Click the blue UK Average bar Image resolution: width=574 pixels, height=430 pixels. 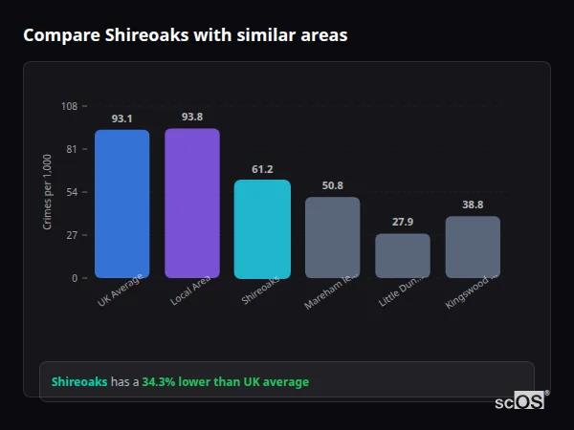(x=121, y=204)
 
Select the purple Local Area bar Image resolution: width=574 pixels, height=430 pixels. (x=191, y=203)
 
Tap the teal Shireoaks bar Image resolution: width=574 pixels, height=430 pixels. (x=262, y=228)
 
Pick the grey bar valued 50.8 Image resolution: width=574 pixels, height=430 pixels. (x=332, y=237)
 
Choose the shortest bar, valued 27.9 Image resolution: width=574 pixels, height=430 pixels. (x=403, y=255)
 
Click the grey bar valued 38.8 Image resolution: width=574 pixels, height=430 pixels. (x=473, y=247)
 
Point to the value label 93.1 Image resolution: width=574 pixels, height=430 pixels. (x=121, y=119)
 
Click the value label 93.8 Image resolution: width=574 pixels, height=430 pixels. (x=191, y=118)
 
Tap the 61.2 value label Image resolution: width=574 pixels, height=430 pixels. (x=262, y=169)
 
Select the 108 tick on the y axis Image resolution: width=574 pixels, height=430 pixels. (x=69, y=106)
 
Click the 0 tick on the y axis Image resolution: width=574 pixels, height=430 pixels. (x=74, y=278)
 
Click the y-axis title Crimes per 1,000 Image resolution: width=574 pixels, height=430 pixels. (x=48, y=192)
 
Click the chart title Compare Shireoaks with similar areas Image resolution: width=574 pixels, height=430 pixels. (x=185, y=35)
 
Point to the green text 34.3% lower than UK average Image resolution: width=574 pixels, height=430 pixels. (x=225, y=382)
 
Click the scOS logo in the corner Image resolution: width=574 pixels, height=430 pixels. (x=520, y=401)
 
